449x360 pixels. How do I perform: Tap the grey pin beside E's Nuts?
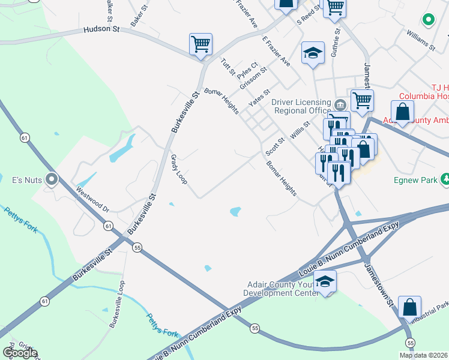coord(52,178)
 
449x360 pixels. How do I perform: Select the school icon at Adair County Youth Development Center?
coord(325,281)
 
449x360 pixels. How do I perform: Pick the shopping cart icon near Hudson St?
coord(200,43)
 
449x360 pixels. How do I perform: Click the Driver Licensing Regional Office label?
coord(301,106)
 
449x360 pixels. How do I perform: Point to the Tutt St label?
coord(228,67)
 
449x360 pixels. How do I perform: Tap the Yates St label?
coord(259,97)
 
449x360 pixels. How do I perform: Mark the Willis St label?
coord(300,130)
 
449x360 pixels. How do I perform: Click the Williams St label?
coord(420,38)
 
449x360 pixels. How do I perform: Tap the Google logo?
coord(19,353)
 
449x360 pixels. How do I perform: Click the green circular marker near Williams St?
coord(429,20)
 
